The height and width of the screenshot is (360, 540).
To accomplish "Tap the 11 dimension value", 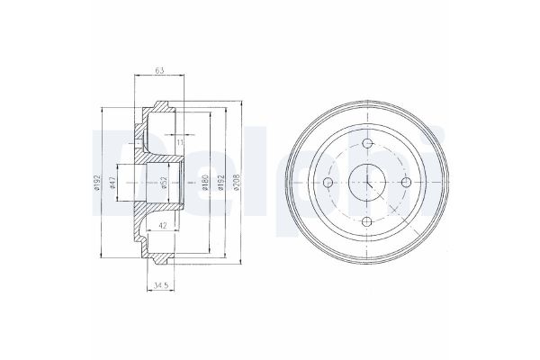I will [180, 142].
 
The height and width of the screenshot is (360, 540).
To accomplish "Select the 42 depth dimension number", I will [161, 226].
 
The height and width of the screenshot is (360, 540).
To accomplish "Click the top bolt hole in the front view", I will [369, 142].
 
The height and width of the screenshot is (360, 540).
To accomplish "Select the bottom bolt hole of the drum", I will [369, 223].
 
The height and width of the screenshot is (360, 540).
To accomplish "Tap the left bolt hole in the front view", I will [328, 183].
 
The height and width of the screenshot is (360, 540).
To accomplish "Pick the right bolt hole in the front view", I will [409, 183].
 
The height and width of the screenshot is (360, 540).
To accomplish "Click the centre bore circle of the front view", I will [369, 183].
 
